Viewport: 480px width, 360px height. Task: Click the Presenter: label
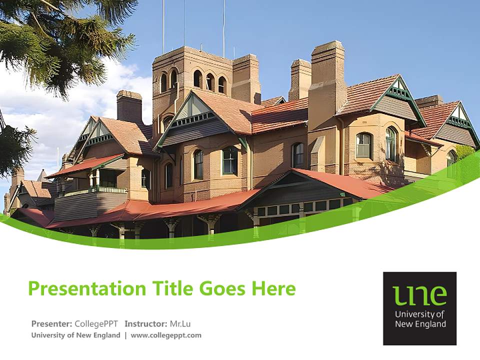(x=52, y=323)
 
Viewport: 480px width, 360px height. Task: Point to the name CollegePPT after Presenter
(x=96, y=323)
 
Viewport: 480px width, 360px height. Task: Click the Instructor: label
(x=146, y=323)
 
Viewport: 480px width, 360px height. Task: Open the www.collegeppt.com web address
(x=166, y=335)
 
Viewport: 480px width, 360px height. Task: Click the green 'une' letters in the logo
(x=419, y=295)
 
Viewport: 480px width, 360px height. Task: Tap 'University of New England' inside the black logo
(x=419, y=319)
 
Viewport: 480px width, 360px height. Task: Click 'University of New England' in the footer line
(x=75, y=335)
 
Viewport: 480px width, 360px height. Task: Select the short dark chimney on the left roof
(x=129, y=106)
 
